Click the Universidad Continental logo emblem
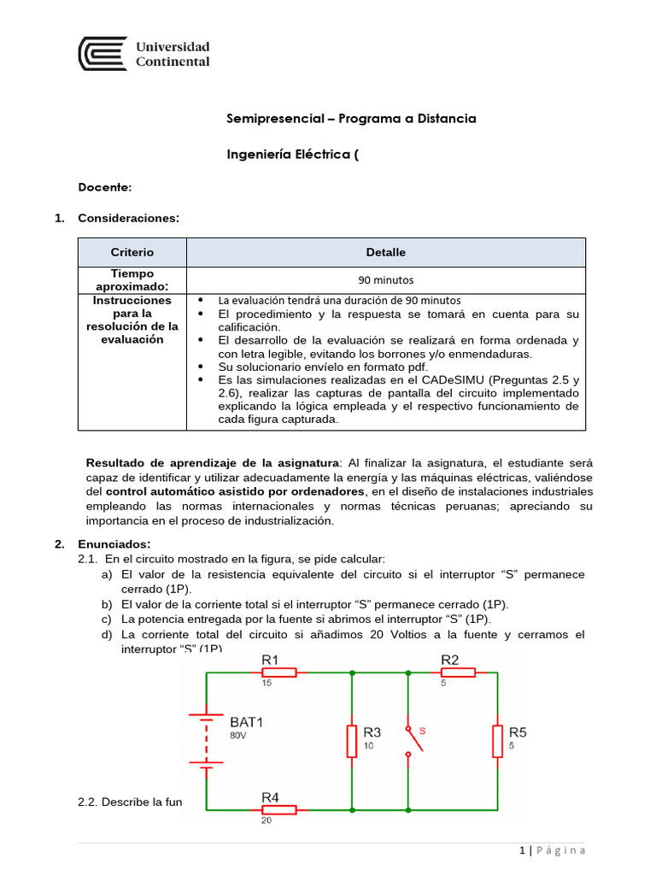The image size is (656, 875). [102, 54]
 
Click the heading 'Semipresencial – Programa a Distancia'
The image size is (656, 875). [351, 119]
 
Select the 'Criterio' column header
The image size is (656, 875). [132, 252]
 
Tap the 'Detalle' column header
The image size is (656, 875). [386, 252]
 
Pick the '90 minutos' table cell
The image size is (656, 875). [386, 279]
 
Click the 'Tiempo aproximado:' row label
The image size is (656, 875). [132, 279]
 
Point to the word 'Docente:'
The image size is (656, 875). [105, 186]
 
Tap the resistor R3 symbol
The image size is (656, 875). [351, 741]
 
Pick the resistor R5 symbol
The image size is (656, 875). [497, 741]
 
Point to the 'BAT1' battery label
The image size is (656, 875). [246, 721]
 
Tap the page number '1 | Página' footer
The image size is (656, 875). [553, 850]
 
